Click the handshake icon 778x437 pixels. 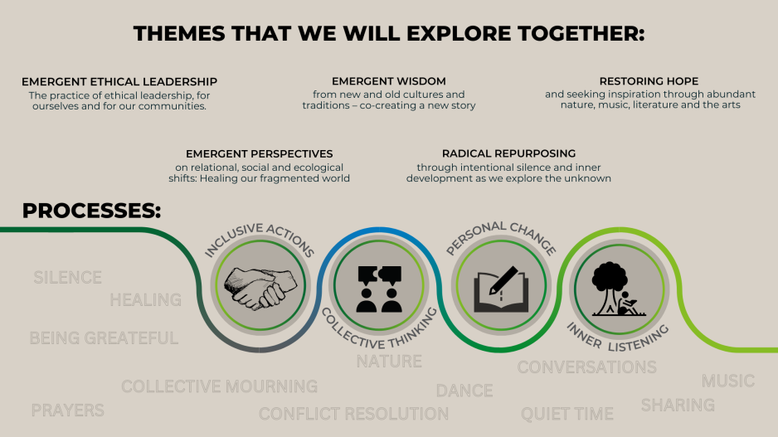click(x=260, y=288)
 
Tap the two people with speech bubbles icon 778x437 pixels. click(x=379, y=289)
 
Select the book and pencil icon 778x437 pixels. click(x=501, y=289)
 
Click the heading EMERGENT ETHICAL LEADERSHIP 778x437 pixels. click(x=119, y=82)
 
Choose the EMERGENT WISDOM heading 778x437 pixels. click(x=389, y=81)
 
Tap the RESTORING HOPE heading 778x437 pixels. click(x=649, y=81)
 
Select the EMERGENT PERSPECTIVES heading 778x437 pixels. click(x=260, y=153)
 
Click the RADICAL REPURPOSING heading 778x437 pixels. click(x=509, y=153)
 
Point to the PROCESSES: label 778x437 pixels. click(x=92, y=211)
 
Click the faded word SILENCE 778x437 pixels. click(x=68, y=277)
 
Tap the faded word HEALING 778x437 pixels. click(x=146, y=299)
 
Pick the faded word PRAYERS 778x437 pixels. click(x=68, y=410)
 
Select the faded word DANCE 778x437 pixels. click(x=464, y=391)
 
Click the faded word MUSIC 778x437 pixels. click(x=728, y=381)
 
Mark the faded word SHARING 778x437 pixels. click(x=678, y=405)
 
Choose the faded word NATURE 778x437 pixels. click(x=390, y=361)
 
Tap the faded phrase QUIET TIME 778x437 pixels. click(x=567, y=414)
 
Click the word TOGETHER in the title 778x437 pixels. click(x=581, y=34)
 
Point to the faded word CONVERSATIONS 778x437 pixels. click(x=587, y=367)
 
